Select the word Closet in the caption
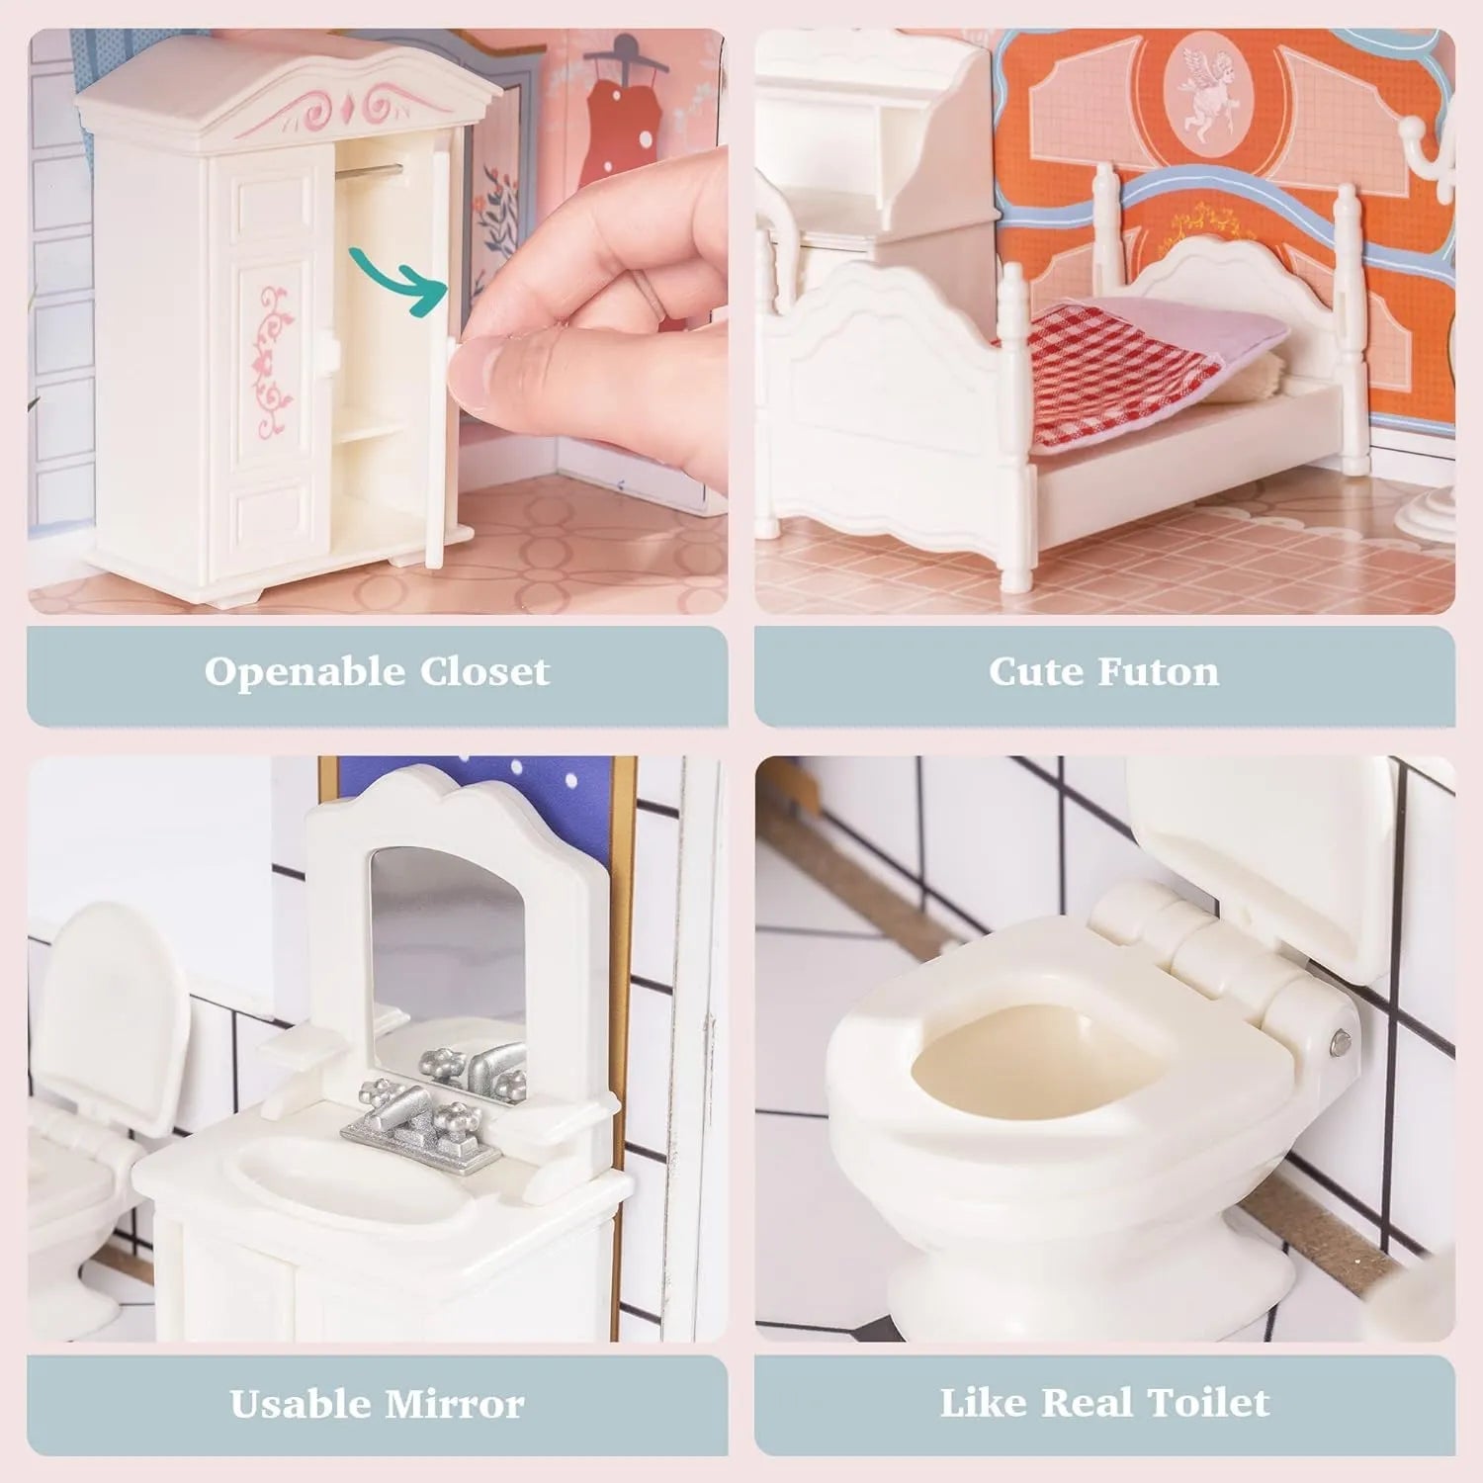[x=484, y=672]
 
